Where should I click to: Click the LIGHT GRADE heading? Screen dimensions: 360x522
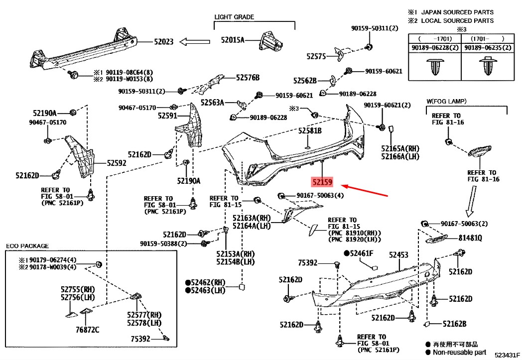point(234,17)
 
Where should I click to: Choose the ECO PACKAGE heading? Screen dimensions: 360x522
point(27,246)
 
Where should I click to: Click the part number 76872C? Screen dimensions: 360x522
point(88,329)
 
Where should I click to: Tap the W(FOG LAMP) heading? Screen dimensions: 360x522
point(446,102)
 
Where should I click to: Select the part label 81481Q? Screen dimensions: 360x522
point(470,238)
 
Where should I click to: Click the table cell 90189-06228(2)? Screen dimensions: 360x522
point(434,48)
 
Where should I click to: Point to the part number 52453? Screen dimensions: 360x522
point(398,255)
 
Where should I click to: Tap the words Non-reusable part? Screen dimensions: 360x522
point(459,352)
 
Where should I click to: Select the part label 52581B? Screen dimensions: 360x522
point(310,130)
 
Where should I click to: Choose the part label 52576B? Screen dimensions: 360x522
point(248,77)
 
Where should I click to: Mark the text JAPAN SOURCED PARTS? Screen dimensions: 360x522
point(457,12)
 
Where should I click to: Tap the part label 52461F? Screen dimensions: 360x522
point(361,253)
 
